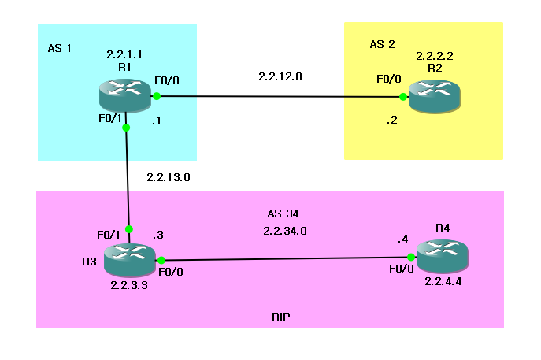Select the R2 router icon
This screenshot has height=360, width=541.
pyautogui.click(x=436, y=98)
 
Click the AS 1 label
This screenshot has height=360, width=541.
pyautogui.click(x=60, y=48)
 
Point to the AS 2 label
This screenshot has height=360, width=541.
pyautogui.click(x=382, y=44)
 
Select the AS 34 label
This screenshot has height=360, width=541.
pyautogui.click(x=283, y=213)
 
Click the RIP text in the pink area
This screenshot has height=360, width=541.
pyautogui.click(x=282, y=316)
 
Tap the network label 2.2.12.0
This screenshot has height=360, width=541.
pyautogui.click(x=280, y=77)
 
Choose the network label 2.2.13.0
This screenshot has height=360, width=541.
pyautogui.click(x=169, y=178)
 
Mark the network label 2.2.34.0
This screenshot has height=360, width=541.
pyautogui.click(x=284, y=231)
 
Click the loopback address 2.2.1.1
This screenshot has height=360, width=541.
pyautogui.click(x=124, y=55)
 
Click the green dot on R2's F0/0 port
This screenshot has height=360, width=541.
pyautogui.click(x=402, y=97)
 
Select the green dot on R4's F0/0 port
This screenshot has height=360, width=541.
pyautogui.click(x=411, y=257)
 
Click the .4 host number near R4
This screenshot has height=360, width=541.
pyautogui.click(x=403, y=239)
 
